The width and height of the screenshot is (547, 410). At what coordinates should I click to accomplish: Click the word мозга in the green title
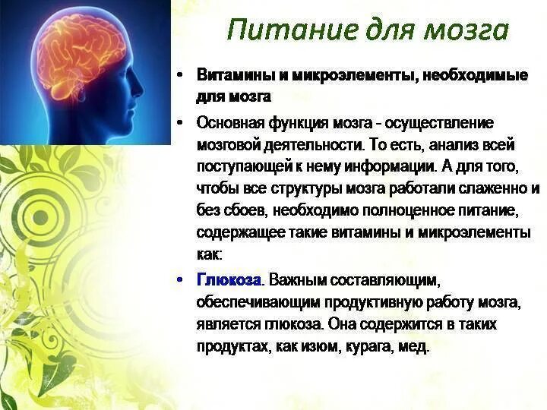464,30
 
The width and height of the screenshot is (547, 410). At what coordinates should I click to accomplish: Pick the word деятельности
314,144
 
